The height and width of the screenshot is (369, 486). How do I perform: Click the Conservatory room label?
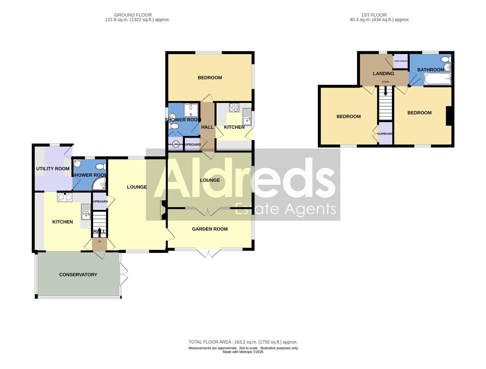coord(78,275)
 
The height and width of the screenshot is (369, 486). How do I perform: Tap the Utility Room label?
coord(53,169)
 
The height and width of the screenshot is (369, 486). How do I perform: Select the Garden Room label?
coord(209,229)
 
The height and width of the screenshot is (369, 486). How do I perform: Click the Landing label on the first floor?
coord(383,73)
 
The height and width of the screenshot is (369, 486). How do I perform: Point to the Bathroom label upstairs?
coord(430,70)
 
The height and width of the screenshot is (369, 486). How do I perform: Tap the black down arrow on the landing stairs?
coord(385,91)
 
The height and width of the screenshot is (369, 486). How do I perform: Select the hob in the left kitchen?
coord(65,197)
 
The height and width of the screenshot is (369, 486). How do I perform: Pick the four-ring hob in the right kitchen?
coord(234,108)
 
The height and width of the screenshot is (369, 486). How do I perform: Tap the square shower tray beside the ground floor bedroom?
coord(191,110)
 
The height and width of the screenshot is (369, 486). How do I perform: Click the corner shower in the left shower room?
coord(100,184)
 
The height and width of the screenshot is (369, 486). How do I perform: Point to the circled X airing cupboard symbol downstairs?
coord(176,144)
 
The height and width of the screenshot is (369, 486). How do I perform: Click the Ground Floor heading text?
coord(133,15)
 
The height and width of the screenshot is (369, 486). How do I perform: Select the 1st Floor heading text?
coord(374,15)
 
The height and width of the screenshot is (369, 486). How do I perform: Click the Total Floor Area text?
coord(243,342)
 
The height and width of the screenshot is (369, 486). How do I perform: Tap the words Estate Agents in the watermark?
coord(285,209)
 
